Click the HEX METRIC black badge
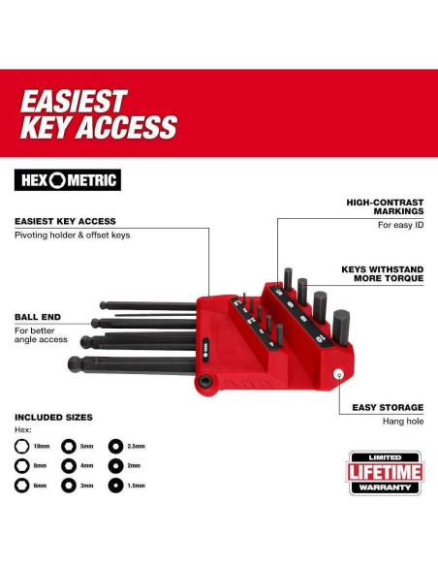tap(68, 179)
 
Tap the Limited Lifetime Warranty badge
tap(385, 473)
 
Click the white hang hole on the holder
tap(338, 374)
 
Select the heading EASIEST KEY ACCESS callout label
tap(65, 221)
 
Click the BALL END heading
tap(38, 317)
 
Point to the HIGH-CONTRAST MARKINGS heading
tap(385, 206)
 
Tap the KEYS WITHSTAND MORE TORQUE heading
tap(383, 274)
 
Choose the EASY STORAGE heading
tap(388, 407)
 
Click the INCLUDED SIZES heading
tap(53, 418)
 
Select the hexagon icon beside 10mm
tap(21, 446)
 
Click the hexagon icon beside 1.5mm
tap(115, 486)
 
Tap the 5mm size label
tap(86, 447)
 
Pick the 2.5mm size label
tap(136, 447)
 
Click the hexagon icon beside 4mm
tap(69, 466)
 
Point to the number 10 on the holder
tap(320, 339)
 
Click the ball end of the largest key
tap(75, 363)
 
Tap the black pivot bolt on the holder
tap(205, 381)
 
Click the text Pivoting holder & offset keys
tap(72, 236)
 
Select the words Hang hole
tap(403, 422)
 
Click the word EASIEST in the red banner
tap(74, 101)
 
